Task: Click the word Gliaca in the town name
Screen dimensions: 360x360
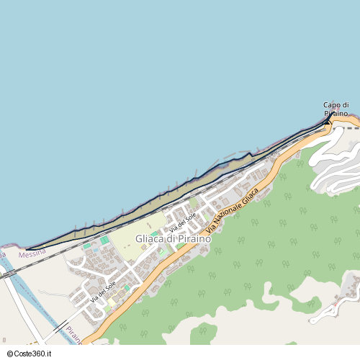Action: [150, 239]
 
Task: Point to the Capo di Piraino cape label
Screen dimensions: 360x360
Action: [336, 109]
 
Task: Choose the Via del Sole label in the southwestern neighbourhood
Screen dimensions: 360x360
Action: [103, 292]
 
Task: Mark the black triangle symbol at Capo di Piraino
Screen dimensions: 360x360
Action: [328, 122]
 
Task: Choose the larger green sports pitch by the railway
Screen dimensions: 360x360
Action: [105, 240]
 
